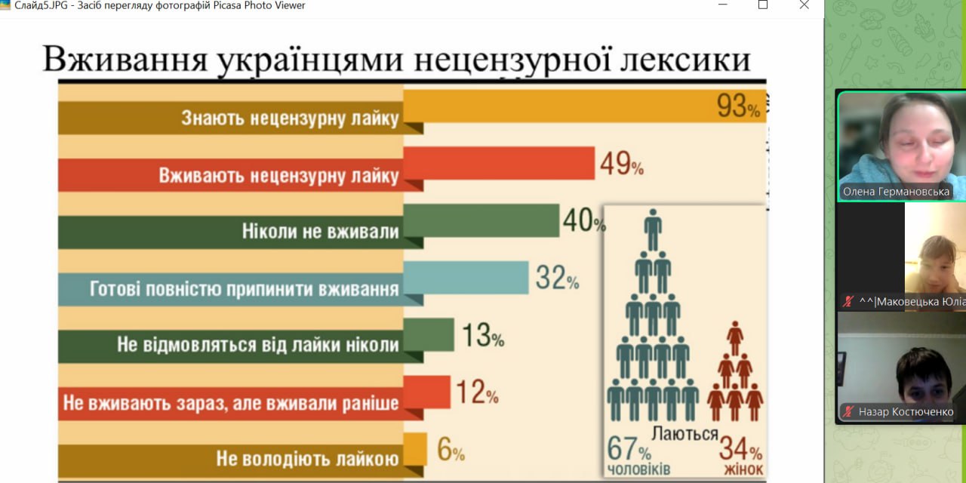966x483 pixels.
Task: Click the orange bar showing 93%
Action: (558, 106)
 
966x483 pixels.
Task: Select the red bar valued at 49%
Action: (499, 163)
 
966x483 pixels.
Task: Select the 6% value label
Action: (451, 451)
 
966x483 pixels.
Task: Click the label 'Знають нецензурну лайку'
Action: (290, 118)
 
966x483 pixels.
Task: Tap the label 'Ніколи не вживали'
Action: (321, 232)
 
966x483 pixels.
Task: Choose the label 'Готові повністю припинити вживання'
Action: (245, 289)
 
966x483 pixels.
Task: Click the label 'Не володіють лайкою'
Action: (307, 459)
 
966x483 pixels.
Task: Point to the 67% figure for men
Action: (629, 450)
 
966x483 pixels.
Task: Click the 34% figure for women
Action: (740, 450)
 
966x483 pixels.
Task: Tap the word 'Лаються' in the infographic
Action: (685, 434)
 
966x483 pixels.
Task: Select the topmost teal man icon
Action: (653, 229)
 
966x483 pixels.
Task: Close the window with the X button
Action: (804, 5)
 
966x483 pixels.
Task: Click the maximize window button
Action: (763, 5)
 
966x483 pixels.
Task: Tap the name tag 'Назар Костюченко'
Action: (906, 412)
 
